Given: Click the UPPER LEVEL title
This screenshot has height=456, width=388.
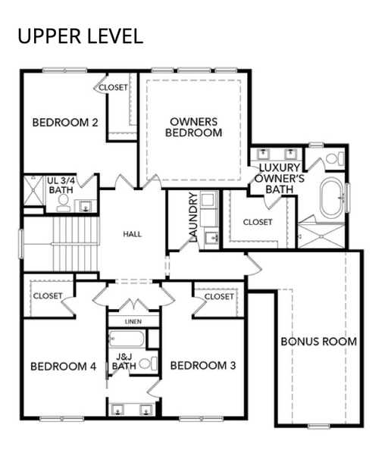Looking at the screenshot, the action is [80, 36].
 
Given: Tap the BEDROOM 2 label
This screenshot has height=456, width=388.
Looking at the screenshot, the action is [65, 123].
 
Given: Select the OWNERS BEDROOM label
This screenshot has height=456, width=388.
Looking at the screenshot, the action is [194, 127].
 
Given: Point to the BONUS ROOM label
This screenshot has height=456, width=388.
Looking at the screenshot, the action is [319, 342].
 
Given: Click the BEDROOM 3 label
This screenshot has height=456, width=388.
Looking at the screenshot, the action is [203, 366].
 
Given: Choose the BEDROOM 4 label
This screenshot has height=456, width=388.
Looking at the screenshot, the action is [64, 367].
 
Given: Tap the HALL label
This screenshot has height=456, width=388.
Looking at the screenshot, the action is [133, 234].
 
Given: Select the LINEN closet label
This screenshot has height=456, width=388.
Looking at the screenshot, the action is [133, 321].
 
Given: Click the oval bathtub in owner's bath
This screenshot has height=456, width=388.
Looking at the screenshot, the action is [333, 198].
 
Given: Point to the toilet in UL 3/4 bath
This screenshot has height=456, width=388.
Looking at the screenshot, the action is [64, 203].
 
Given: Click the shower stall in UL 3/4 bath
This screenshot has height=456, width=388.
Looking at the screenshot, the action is [33, 190].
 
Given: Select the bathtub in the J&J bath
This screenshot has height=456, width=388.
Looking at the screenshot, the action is [127, 339].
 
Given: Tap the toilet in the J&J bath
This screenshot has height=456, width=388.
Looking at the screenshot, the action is [149, 364].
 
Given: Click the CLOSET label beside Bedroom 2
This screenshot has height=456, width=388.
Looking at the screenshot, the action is [113, 87].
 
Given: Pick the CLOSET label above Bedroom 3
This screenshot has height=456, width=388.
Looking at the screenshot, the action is [219, 297].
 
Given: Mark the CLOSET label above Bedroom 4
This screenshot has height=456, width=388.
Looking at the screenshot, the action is [48, 296].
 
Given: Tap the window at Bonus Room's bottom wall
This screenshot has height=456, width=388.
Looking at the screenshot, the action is [319, 426].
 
